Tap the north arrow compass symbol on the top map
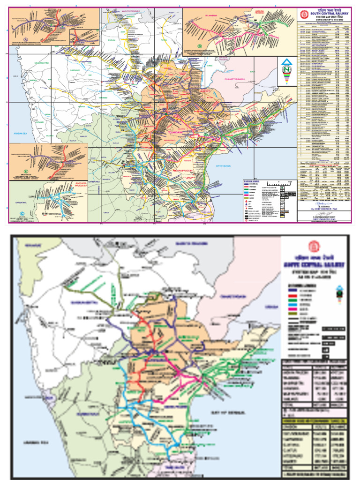pyautogui.click(x=285, y=70)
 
